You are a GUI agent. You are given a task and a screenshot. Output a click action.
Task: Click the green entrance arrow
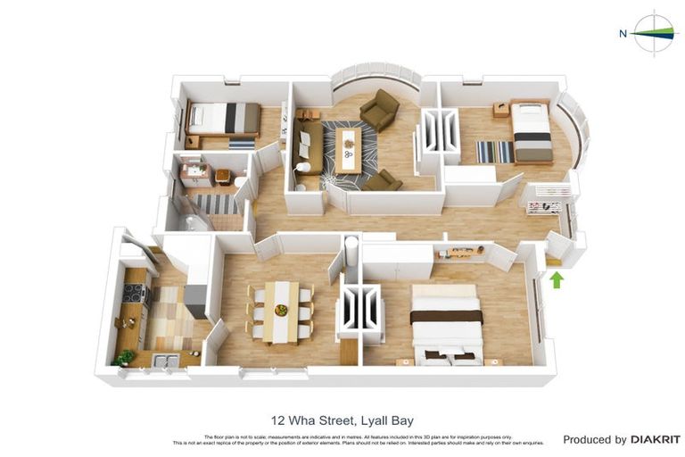coord(557,279)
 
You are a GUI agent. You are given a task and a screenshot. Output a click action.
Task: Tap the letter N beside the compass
coord(623,34)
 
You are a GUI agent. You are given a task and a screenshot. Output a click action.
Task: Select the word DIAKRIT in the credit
coord(656,439)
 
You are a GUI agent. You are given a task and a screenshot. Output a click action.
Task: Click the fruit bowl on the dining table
coord(282,310)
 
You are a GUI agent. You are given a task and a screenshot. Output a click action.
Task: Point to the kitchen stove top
coord(136,292)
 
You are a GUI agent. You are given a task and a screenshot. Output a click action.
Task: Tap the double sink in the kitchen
coord(165,361)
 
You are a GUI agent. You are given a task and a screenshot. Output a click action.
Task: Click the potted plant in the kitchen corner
coord(125,357)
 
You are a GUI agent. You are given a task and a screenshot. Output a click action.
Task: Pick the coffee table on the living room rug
coord(351,149)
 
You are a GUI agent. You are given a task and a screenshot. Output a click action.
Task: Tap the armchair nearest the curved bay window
coord(380,110)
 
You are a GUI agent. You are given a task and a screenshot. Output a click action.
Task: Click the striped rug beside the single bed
coord(494,152)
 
